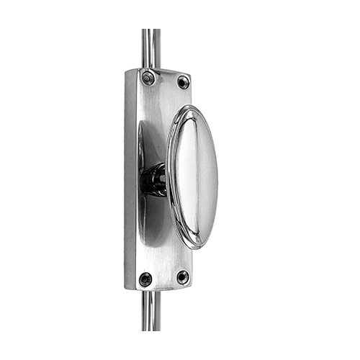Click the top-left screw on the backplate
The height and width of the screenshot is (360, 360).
pyautogui.click(x=148, y=78)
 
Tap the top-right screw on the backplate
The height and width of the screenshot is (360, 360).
pyautogui.click(x=183, y=82)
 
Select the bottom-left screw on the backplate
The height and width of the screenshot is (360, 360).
pyautogui.click(x=146, y=278)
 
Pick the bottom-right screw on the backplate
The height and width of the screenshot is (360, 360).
pyautogui.click(x=183, y=276)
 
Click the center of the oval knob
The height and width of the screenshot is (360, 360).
pyautogui.click(x=193, y=176)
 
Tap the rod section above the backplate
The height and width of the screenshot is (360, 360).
pyautogui.click(x=151, y=47)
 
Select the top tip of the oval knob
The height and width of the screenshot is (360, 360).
pyautogui.click(x=189, y=108)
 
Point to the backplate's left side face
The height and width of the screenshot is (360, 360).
pyautogui.click(x=130, y=180)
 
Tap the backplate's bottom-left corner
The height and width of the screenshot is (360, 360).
pyautogui.click(x=126, y=289)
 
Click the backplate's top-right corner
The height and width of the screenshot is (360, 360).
pyautogui.click(x=192, y=74)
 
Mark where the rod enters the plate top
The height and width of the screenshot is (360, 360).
pyautogui.click(x=151, y=69)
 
